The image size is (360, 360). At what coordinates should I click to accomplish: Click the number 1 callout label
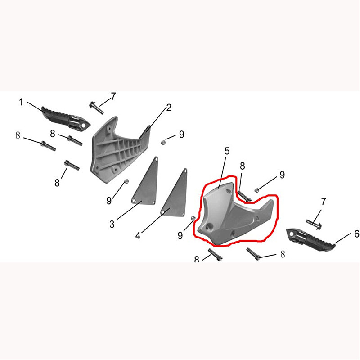[x=21, y=102]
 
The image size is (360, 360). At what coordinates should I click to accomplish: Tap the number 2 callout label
[x=169, y=108]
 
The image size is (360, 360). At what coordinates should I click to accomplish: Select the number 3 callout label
[x=112, y=224]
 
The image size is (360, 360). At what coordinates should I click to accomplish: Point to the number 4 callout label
[x=138, y=235]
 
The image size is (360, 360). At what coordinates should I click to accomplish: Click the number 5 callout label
[x=227, y=151]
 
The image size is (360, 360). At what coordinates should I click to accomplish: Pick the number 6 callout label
[x=356, y=234]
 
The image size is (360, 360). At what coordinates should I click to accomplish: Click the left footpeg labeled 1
[x=66, y=119]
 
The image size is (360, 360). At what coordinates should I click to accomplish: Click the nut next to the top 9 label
[x=163, y=143]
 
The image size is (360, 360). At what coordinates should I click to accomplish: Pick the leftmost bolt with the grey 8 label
[x=48, y=146]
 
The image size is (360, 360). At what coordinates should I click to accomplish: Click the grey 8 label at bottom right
[x=283, y=254]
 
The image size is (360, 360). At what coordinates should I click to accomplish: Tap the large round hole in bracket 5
[x=209, y=227]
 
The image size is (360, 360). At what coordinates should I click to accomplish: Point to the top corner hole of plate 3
[x=156, y=158]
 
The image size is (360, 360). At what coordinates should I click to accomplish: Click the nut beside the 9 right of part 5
[x=257, y=190]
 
